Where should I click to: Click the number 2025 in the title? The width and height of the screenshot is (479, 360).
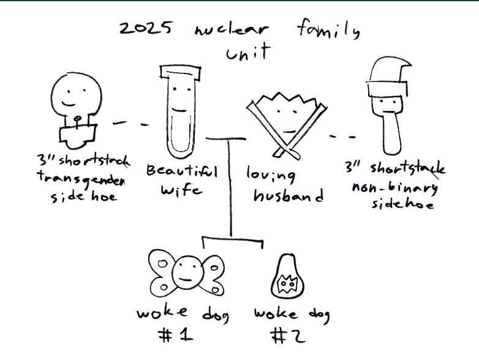coord(145,28)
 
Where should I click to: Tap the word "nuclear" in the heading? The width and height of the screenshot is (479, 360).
coord(232,29)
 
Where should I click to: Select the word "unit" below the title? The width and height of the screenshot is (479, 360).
coord(248,52)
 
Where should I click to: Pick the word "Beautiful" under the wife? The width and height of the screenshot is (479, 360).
coord(182,171)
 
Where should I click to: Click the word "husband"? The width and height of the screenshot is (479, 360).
coord(289,196)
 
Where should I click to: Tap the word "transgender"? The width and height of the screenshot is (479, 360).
coord(81,178)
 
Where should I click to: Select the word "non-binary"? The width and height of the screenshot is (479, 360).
coord(394,188)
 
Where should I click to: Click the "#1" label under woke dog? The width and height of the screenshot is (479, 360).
coord(176,336)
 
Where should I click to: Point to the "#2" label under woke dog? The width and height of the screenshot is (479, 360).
coord(288,336)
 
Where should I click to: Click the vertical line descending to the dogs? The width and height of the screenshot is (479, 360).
coord(230,188)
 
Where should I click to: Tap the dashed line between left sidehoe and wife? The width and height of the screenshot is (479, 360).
coord(130,124)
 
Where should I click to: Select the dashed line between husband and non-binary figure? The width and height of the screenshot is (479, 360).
coord(342,137)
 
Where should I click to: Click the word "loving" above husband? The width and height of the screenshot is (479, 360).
coord(271,174)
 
